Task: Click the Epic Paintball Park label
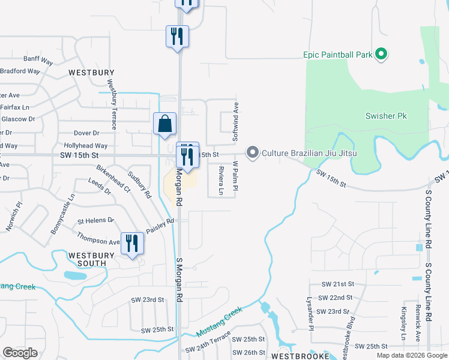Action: tap(337, 55)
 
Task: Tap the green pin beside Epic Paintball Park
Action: tap(381, 55)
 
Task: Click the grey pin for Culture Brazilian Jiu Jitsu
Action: tap(253, 154)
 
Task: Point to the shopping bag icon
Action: tap(164, 124)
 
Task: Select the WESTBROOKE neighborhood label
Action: tap(297, 355)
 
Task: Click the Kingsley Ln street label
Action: tap(403, 323)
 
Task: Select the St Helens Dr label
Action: tap(95, 220)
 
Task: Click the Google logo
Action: tap(20, 352)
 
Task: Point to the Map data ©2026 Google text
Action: tap(411, 355)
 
